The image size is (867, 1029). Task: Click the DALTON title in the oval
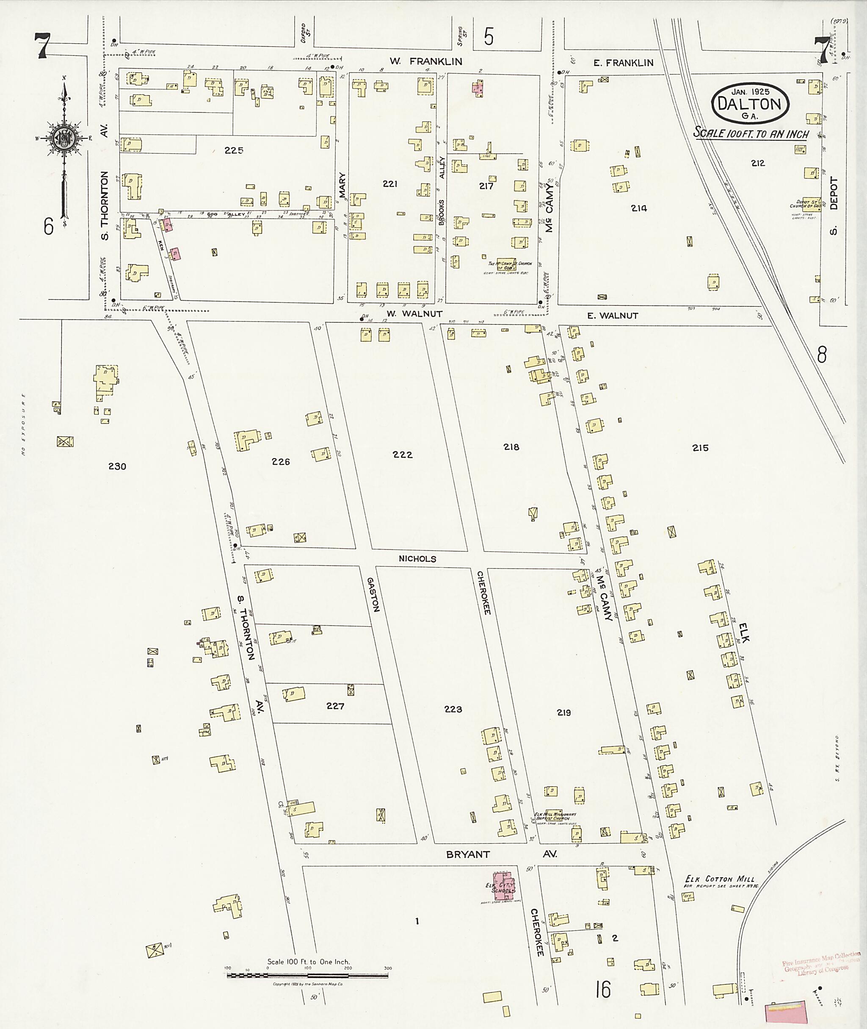click(750, 104)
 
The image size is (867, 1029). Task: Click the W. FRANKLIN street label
click(426, 61)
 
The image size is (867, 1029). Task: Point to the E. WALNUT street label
click(613, 316)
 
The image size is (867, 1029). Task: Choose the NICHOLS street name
click(417, 559)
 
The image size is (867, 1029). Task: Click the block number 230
click(117, 466)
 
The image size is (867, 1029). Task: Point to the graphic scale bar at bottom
click(309, 975)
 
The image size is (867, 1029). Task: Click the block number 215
click(700, 448)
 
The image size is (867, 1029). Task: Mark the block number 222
click(402, 455)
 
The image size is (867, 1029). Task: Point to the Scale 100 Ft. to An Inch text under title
click(751, 133)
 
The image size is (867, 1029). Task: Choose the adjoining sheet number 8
click(822, 354)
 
